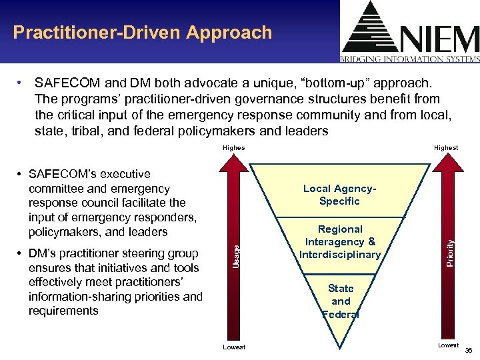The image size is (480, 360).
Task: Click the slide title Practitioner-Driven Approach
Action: pyautogui.click(x=143, y=33)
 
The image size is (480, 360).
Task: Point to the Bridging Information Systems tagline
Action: pyautogui.click(x=410, y=59)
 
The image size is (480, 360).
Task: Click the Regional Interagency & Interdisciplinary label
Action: pyautogui.click(x=340, y=241)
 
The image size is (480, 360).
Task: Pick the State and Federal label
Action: pyautogui.click(x=340, y=301)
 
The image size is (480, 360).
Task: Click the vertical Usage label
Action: pyautogui.click(x=235, y=255)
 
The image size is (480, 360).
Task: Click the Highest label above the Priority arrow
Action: pyautogui.click(x=445, y=147)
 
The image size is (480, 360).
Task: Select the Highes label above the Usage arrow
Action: pyautogui.click(x=233, y=148)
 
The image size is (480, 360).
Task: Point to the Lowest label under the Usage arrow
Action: pyautogui.click(x=234, y=347)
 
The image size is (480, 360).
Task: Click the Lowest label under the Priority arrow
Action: pyautogui.click(x=448, y=345)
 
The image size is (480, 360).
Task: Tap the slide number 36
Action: pyautogui.click(x=468, y=350)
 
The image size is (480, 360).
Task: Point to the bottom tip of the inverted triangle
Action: pyautogui.click(x=340, y=347)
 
